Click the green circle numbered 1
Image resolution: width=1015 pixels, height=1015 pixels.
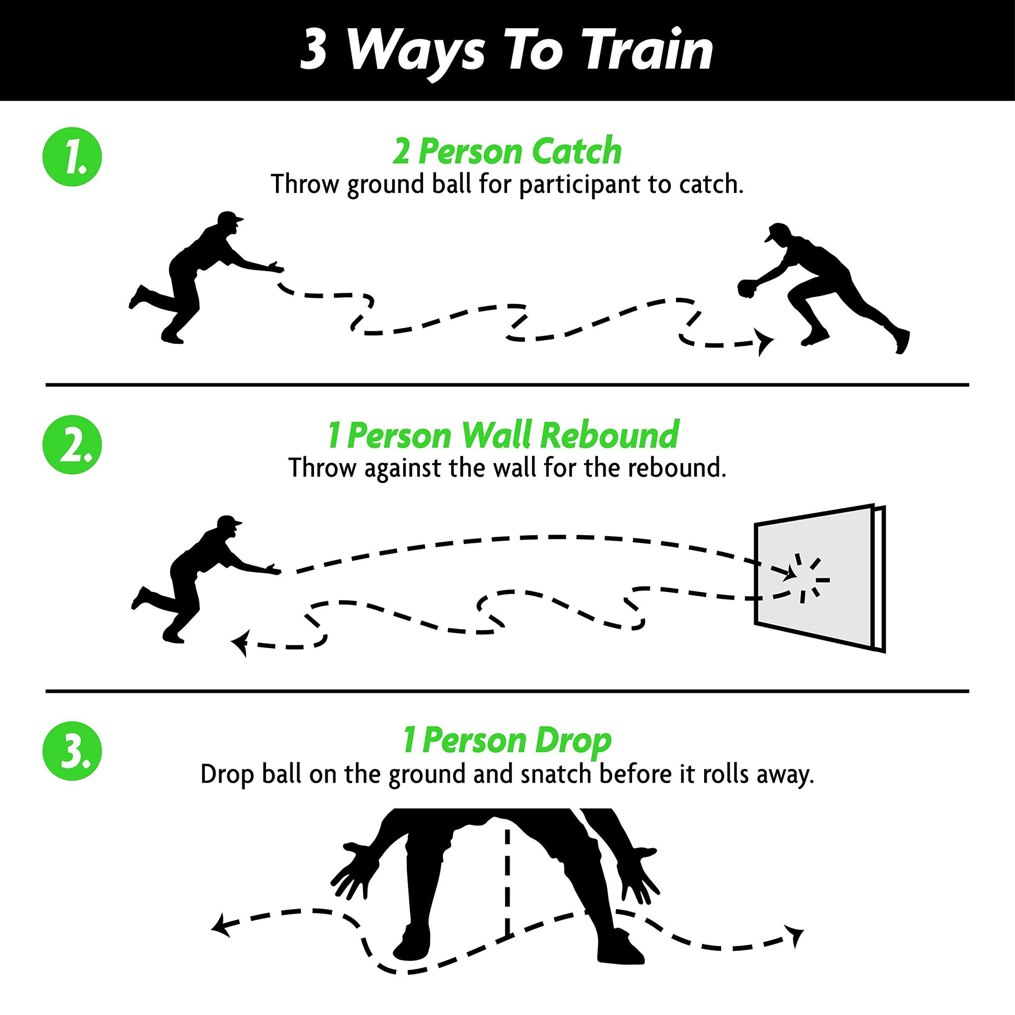(72, 157)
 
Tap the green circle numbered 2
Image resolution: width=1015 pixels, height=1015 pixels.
(72, 444)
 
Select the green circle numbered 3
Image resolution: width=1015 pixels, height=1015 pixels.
(72, 751)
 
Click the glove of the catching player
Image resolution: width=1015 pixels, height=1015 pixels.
(746, 287)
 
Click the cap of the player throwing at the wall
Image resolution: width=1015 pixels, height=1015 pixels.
(229, 522)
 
